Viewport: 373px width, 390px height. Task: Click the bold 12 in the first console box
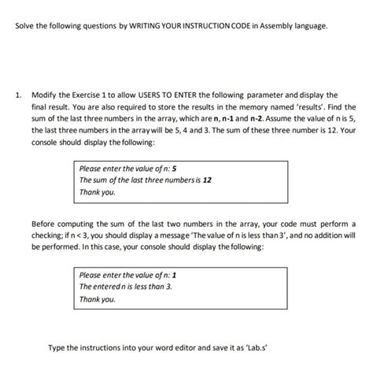click(208, 180)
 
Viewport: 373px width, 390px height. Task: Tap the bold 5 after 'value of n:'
click(174, 168)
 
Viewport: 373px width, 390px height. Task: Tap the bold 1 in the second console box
click(174, 275)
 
